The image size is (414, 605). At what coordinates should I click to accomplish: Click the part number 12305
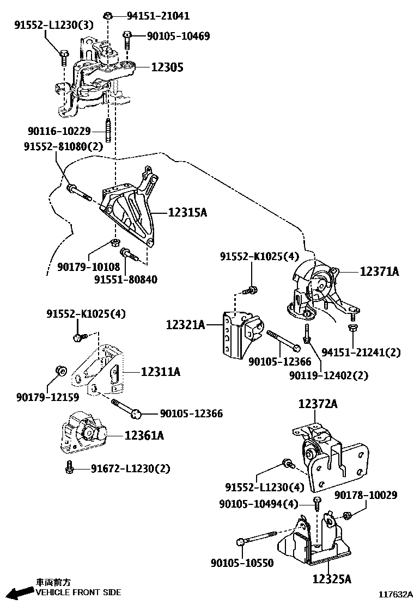(167, 67)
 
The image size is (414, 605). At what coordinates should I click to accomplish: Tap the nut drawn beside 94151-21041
(109, 15)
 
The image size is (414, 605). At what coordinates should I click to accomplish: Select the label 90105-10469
(178, 36)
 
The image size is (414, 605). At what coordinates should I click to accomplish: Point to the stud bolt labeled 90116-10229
(108, 131)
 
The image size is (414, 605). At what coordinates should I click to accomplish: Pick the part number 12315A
(187, 212)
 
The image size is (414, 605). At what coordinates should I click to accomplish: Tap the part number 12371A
(379, 271)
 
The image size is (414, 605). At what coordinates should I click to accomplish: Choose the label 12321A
(185, 325)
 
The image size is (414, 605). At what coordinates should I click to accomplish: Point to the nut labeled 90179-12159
(61, 371)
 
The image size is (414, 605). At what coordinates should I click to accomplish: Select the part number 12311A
(160, 372)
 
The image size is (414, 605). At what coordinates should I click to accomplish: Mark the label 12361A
(144, 435)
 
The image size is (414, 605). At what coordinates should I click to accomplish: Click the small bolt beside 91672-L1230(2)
(70, 467)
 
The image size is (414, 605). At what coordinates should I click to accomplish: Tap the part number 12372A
(318, 404)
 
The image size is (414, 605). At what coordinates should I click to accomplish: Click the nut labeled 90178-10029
(347, 514)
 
